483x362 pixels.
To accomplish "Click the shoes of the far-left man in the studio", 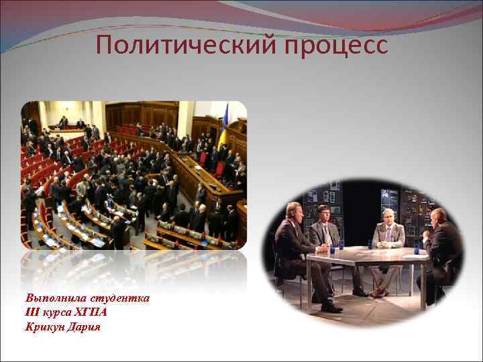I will click(331, 306).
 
